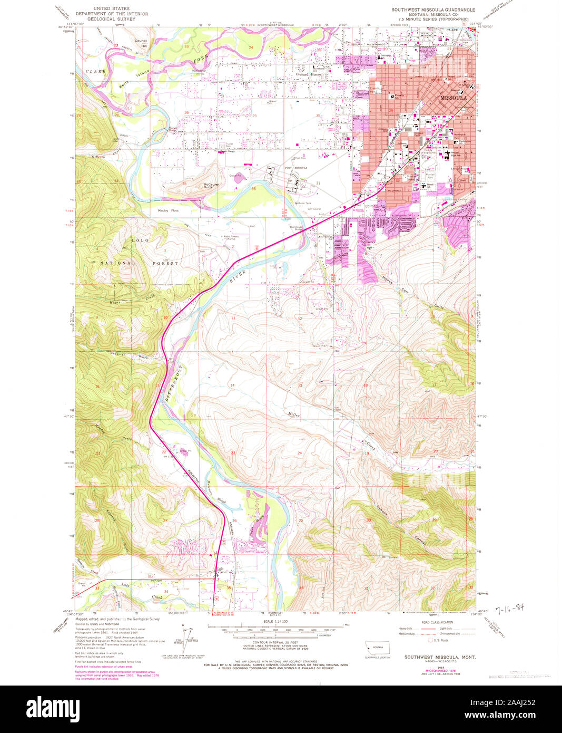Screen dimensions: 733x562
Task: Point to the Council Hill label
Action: tap(141, 43)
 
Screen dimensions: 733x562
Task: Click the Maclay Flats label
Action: tap(168, 210)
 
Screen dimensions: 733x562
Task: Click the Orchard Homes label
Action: tap(309, 74)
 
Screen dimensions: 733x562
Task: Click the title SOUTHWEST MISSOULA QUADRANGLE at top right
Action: tap(432, 9)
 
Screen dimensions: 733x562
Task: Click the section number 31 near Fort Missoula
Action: tap(318, 184)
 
